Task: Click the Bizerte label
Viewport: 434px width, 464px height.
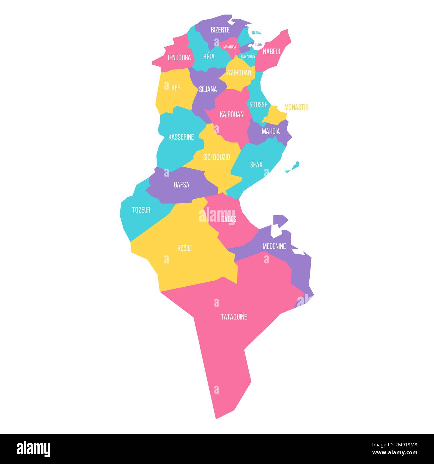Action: click(x=220, y=30)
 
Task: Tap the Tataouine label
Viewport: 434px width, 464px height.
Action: click(x=234, y=317)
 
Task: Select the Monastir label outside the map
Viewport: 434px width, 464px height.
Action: click(x=296, y=107)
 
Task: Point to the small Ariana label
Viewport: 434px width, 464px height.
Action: click(x=256, y=33)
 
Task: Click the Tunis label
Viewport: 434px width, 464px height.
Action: click(x=259, y=44)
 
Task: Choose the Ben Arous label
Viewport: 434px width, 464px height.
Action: click(x=248, y=56)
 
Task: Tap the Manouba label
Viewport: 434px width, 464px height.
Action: click(x=230, y=47)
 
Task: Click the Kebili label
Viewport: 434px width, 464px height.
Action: click(x=184, y=248)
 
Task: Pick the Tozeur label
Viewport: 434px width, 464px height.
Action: click(x=141, y=210)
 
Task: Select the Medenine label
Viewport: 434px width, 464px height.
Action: click(x=274, y=246)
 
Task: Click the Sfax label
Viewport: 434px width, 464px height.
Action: click(x=256, y=165)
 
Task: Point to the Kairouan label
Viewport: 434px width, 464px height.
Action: click(x=232, y=114)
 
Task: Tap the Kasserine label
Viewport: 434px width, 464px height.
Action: click(x=181, y=137)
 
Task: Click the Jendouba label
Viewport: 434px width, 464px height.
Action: click(x=179, y=58)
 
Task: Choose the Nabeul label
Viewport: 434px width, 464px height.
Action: click(x=272, y=52)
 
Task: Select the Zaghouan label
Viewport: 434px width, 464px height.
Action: click(x=238, y=73)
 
